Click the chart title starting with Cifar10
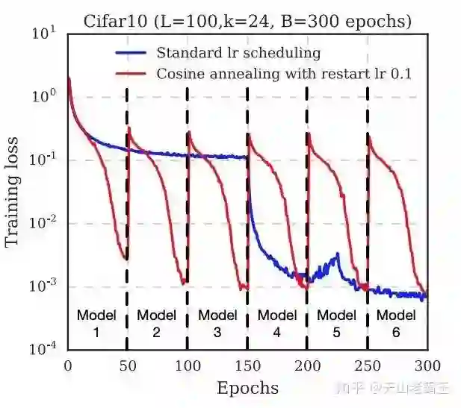coord(247,22)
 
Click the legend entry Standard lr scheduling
coord(238,53)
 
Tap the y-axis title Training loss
coord(13,192)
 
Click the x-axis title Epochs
coord(247,388)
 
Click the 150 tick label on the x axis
coord(247,365)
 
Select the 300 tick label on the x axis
coord(427,365)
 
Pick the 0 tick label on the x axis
coord(68,365)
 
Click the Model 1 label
coord(96,322)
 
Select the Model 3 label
coord(217,322)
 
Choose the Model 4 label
coord(277,322)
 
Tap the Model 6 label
coord(396,322)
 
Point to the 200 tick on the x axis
coord(307,365)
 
